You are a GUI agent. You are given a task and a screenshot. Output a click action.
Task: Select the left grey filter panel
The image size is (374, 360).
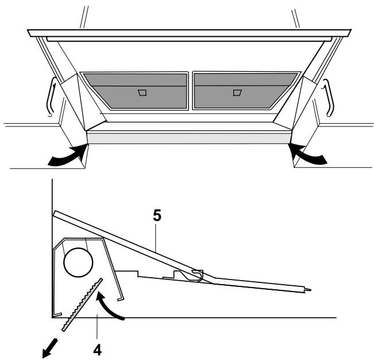click(x=134, y=90)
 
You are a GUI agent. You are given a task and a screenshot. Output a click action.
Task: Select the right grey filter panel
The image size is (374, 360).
click(x=245, y=90)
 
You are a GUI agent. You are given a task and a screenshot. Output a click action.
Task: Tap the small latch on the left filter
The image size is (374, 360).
click(x=142, y=91)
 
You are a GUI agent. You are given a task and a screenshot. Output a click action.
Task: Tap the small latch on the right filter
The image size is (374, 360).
click(x=237, y=91)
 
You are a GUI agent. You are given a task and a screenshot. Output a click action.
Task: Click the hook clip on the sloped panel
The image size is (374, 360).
click(x=195, y=274)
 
